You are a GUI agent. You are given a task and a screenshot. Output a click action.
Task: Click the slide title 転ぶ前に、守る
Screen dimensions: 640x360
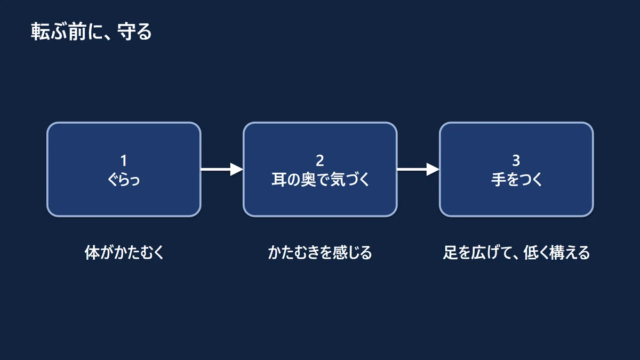91,31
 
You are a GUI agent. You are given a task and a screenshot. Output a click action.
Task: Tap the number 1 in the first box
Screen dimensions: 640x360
123,161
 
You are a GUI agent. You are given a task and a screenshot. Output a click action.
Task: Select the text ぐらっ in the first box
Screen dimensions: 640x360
124,180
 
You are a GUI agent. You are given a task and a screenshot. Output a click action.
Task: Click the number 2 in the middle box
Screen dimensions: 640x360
320,161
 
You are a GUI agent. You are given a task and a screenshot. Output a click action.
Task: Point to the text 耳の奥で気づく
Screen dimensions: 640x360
321,180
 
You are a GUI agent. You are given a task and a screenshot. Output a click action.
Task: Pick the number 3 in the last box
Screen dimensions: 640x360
516,161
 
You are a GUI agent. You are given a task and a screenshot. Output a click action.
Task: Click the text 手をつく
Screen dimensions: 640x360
516,180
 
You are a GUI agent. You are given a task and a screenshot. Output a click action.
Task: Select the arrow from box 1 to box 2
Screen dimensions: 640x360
222,170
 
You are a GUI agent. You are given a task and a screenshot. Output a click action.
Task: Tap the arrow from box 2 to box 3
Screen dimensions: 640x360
418,170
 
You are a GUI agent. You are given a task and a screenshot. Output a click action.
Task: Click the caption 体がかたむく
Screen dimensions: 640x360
124,253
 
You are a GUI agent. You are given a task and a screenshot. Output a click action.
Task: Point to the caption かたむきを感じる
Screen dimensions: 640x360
320,253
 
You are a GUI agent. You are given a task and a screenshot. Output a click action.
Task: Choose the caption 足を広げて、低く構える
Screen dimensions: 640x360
516,253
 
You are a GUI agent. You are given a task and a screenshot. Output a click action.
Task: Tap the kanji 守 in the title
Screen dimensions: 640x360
127,31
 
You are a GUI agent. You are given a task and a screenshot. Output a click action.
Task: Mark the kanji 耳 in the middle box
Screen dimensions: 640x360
279,180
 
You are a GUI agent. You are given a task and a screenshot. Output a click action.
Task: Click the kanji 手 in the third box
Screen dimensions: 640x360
499,180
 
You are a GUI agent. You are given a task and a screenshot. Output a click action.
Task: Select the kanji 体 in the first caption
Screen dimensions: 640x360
92,253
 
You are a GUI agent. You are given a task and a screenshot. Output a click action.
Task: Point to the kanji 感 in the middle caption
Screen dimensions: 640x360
340,253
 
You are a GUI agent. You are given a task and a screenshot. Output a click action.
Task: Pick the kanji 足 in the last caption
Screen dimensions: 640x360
450,253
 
